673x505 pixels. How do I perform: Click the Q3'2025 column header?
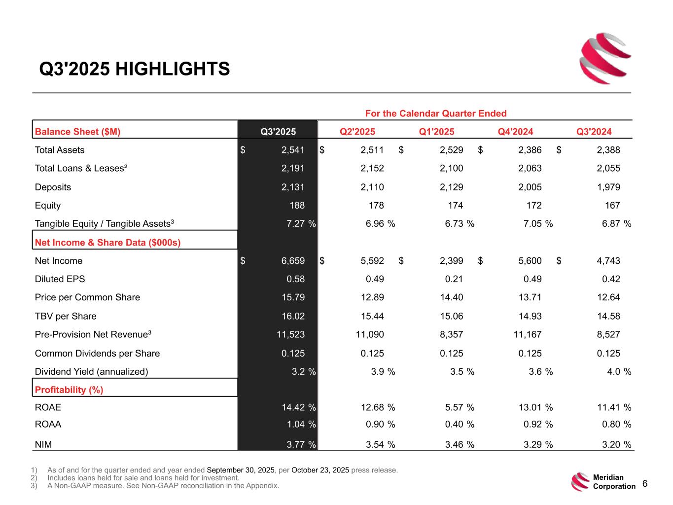(x=278, y=131)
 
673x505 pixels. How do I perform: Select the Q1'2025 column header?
(x=436, y=131)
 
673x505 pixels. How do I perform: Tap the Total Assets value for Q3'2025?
(x=293, y=150)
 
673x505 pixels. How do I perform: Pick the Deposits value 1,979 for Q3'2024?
(x=608, y=187)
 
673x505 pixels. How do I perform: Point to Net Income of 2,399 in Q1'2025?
(x=451, y=261)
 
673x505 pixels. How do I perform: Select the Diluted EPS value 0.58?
(x=295, y=279)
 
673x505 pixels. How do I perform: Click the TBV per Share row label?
(x=66, y=316)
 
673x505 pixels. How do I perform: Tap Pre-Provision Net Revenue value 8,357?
(x=451, y=334)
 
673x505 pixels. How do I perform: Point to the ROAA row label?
(x=48, y=424)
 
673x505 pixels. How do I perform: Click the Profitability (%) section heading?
(x=69, y=390)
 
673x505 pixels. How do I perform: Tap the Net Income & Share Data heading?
(x=107, y=243)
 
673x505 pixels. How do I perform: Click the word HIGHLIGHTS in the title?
(x=172, y=69)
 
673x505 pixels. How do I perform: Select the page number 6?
(x=645, y=484)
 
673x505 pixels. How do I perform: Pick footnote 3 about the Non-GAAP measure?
(x=163, y=486)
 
